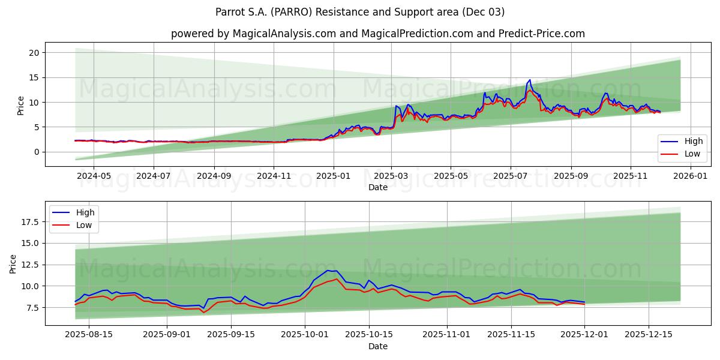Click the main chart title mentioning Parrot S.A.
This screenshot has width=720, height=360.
(360, 12)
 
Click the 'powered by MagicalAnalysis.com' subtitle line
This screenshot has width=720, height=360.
(378, 34)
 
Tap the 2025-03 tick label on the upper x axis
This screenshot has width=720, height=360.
(391, 176)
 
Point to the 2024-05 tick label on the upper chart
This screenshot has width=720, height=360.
(94, 176)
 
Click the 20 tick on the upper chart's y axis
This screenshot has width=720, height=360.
(35, 53)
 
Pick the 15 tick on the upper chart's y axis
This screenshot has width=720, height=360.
(35, 77)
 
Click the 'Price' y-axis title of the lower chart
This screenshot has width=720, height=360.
(13, 263)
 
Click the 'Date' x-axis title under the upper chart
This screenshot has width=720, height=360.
(378, 187)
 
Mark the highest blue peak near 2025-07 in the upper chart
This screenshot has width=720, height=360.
(529, 80)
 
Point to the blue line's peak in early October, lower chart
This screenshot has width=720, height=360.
(328, 271)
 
